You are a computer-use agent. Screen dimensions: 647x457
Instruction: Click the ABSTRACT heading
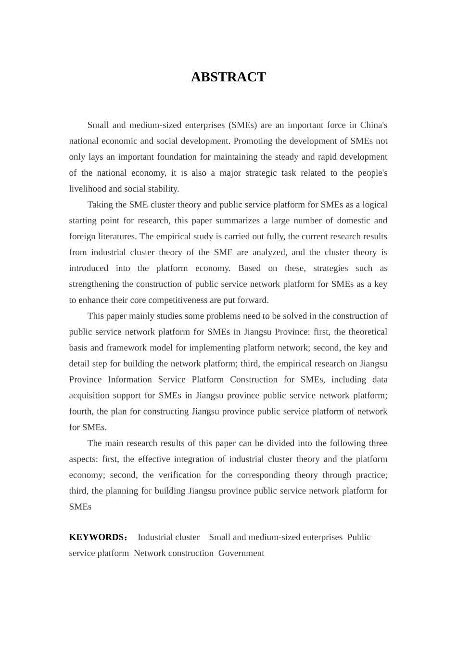(x=228, y=78)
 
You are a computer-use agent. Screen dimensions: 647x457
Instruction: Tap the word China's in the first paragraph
(x=374, y=125)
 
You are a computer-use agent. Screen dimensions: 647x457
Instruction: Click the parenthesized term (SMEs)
(x=242, y=125)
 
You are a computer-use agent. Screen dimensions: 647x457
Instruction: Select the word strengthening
(x=94, y=284)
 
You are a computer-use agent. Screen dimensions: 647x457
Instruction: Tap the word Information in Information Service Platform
(x=130, y=379)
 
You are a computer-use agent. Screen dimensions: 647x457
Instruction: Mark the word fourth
(x=80, y=411)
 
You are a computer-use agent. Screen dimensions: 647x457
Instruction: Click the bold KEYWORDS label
(x=97, y=537)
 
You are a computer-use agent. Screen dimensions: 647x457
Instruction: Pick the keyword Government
(x=241, y=553)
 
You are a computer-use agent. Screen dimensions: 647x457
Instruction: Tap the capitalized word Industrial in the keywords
(x=153, y=537)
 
